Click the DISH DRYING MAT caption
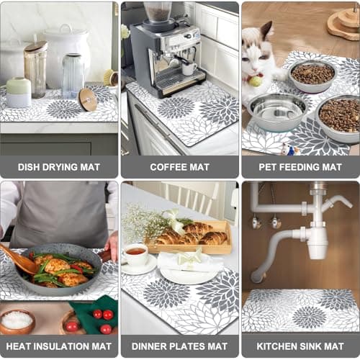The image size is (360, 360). coord(58,166)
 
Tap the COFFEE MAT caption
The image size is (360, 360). coord(179,166)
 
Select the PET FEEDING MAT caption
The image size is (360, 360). coord(300,166)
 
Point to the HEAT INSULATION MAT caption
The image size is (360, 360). coord(58,345)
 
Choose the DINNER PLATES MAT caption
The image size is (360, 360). coord(179,345)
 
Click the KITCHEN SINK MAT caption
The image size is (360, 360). coord(300,345)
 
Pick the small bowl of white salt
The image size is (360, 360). coord(17,320)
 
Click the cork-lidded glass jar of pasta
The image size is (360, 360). coord(35,68)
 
